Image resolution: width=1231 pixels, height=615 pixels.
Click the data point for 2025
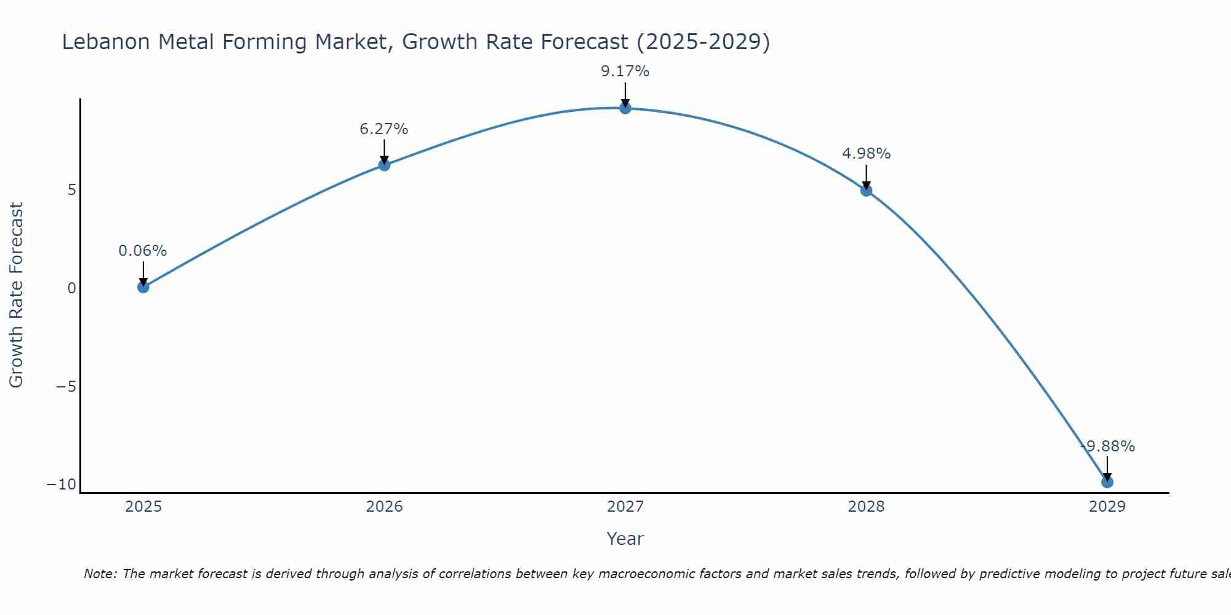click(143, 287)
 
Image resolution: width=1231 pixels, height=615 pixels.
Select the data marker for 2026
click(384, 165)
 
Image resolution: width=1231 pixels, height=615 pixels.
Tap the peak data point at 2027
click(625, 108)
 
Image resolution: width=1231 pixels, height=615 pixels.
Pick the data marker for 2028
click(866, 191)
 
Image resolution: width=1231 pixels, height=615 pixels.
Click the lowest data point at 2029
click(1107, 482)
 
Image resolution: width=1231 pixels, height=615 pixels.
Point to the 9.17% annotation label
click(625, 71)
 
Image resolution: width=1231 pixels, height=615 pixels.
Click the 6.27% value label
click(384, 129)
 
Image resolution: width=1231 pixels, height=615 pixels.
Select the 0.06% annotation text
click(143, 251)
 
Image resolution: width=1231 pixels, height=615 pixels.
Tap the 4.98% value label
click(866, 154)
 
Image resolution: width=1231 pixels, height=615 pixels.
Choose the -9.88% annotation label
click(1107, 446)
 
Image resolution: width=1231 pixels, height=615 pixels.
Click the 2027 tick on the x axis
click(625, 507)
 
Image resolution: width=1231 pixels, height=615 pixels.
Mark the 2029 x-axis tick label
click(1107, 507)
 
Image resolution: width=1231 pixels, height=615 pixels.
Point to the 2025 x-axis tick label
click(143, 507)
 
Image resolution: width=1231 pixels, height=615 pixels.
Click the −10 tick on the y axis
click(62, 485)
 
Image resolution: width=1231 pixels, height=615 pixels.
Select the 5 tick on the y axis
click(72, 190)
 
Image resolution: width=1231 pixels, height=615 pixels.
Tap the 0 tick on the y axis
click(72, 288)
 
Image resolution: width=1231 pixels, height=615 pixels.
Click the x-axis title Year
click(625, 539)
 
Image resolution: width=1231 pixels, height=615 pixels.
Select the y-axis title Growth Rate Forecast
click(16, 295)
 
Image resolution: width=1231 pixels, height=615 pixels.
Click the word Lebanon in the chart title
click(106, 42)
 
